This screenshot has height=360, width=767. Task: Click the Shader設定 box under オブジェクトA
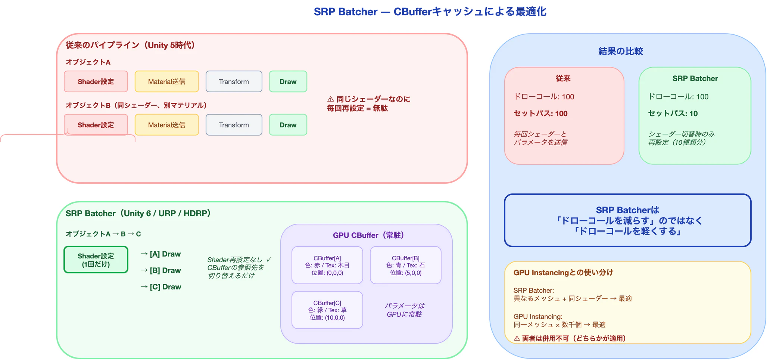point(96,81)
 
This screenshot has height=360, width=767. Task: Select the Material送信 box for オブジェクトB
point(166,125)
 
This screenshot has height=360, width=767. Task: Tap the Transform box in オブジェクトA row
point(234,81)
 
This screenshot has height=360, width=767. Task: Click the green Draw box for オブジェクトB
point(288,125)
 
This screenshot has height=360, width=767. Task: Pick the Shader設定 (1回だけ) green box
point(96,260)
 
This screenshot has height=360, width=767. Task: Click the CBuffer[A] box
point(327,265)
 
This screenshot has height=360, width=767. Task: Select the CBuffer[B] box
point(405,265)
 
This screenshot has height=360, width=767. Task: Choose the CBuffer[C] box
point(327,310)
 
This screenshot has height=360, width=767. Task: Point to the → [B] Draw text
point(161,270)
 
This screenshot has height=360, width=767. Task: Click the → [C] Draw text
point(161,287)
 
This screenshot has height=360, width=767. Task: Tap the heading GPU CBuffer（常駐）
point(368,235)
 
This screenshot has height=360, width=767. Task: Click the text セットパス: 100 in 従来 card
point(540,114)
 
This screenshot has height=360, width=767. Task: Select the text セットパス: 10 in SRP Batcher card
point(673,114)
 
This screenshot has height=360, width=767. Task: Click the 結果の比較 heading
point(620,51)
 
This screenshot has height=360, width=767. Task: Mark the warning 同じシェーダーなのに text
point(369,99)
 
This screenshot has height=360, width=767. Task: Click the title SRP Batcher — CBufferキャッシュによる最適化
point(430,12)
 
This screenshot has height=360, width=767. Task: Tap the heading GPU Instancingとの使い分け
point(563,273)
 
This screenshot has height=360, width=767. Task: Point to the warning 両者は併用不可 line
point(570,338)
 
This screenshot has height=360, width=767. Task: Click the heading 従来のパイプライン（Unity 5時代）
point(131,46)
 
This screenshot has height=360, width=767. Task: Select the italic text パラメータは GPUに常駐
point(404,310)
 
